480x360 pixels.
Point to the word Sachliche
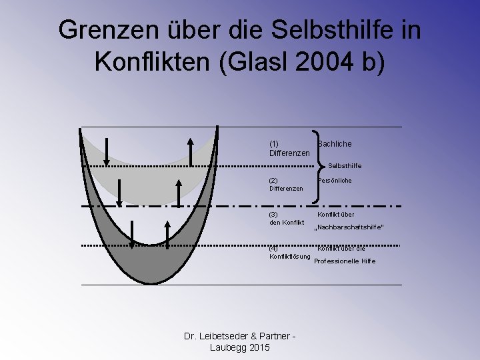pyautogui.click(x=335, y=144)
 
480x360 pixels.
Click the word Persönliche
pyautogui.click(x=335, y=180)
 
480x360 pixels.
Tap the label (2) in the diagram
pyautogui.click(x=273, y=180)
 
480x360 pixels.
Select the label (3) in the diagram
pyautogui.click(x=273, y=215)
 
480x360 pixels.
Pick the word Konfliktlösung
pyautogui.click(x=290, y=257)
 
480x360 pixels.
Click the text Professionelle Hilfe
pyautogui.click(x=345, y=261)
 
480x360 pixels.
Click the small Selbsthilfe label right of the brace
pyautogui.click(x=345, y=165)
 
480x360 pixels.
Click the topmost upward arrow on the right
pyautogui.click(x=191, y=151)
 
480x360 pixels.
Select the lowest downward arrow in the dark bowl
pyautogui.click(x=133, y=233)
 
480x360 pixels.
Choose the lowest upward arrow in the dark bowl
pyautogui.click(x=167, y=233)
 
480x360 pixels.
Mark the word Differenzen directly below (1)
pyautogui.click(x=289, y=153)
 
